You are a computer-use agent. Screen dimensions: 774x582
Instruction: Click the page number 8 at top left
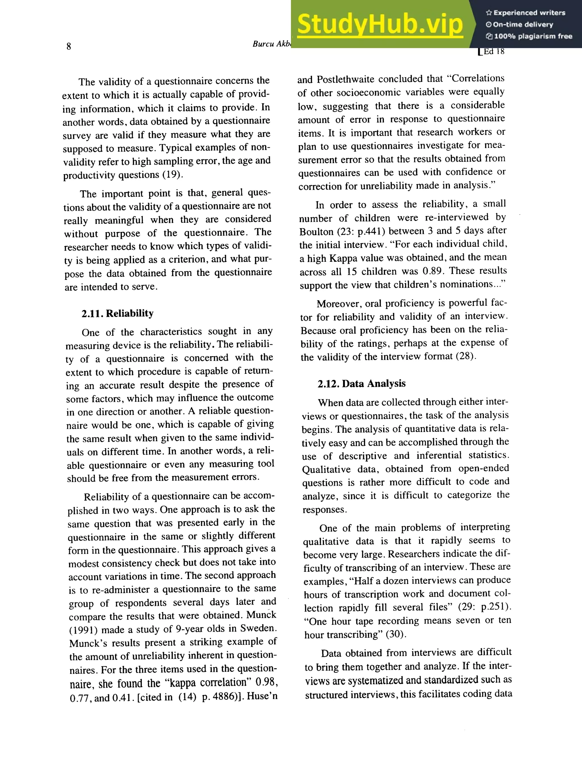click(68, 46)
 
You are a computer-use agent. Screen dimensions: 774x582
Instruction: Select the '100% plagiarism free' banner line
click(529, 36)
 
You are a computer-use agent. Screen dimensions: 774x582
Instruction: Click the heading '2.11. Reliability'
click(118, 313)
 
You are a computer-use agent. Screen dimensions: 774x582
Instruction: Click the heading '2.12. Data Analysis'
click(361, 383)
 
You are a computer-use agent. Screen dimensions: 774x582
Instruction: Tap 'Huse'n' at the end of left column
click(262, 696)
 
